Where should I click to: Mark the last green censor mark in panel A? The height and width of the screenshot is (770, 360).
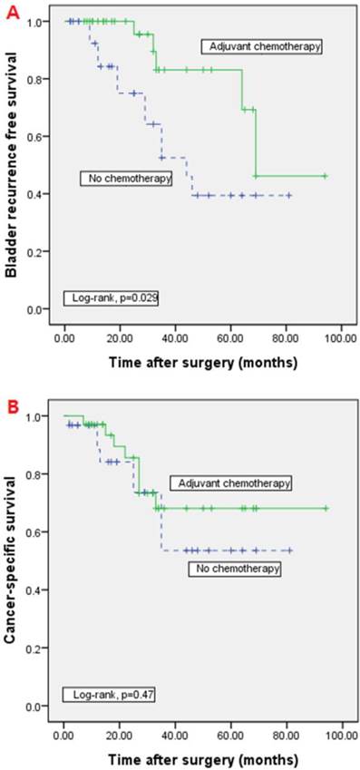[325, 176]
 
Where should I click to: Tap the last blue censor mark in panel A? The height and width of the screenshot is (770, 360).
[289, 195]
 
